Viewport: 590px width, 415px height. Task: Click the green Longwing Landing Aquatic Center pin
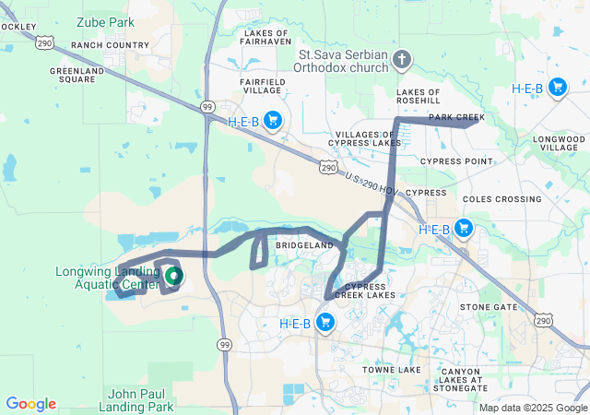172,274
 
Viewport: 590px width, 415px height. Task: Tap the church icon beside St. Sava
401,60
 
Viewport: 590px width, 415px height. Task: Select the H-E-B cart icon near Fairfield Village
272,120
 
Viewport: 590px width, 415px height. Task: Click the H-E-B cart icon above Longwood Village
557,88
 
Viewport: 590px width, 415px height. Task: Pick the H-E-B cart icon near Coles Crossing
463,229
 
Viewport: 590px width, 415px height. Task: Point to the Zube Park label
105,21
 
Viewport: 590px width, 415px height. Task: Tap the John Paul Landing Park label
140,399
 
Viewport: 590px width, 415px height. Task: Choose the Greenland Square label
77,75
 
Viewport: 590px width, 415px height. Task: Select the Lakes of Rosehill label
425,99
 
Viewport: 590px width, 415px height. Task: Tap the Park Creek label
456,118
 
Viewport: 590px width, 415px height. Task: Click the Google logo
30,404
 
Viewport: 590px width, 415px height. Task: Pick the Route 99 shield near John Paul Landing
224,344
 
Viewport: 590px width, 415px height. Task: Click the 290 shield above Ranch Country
47,42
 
